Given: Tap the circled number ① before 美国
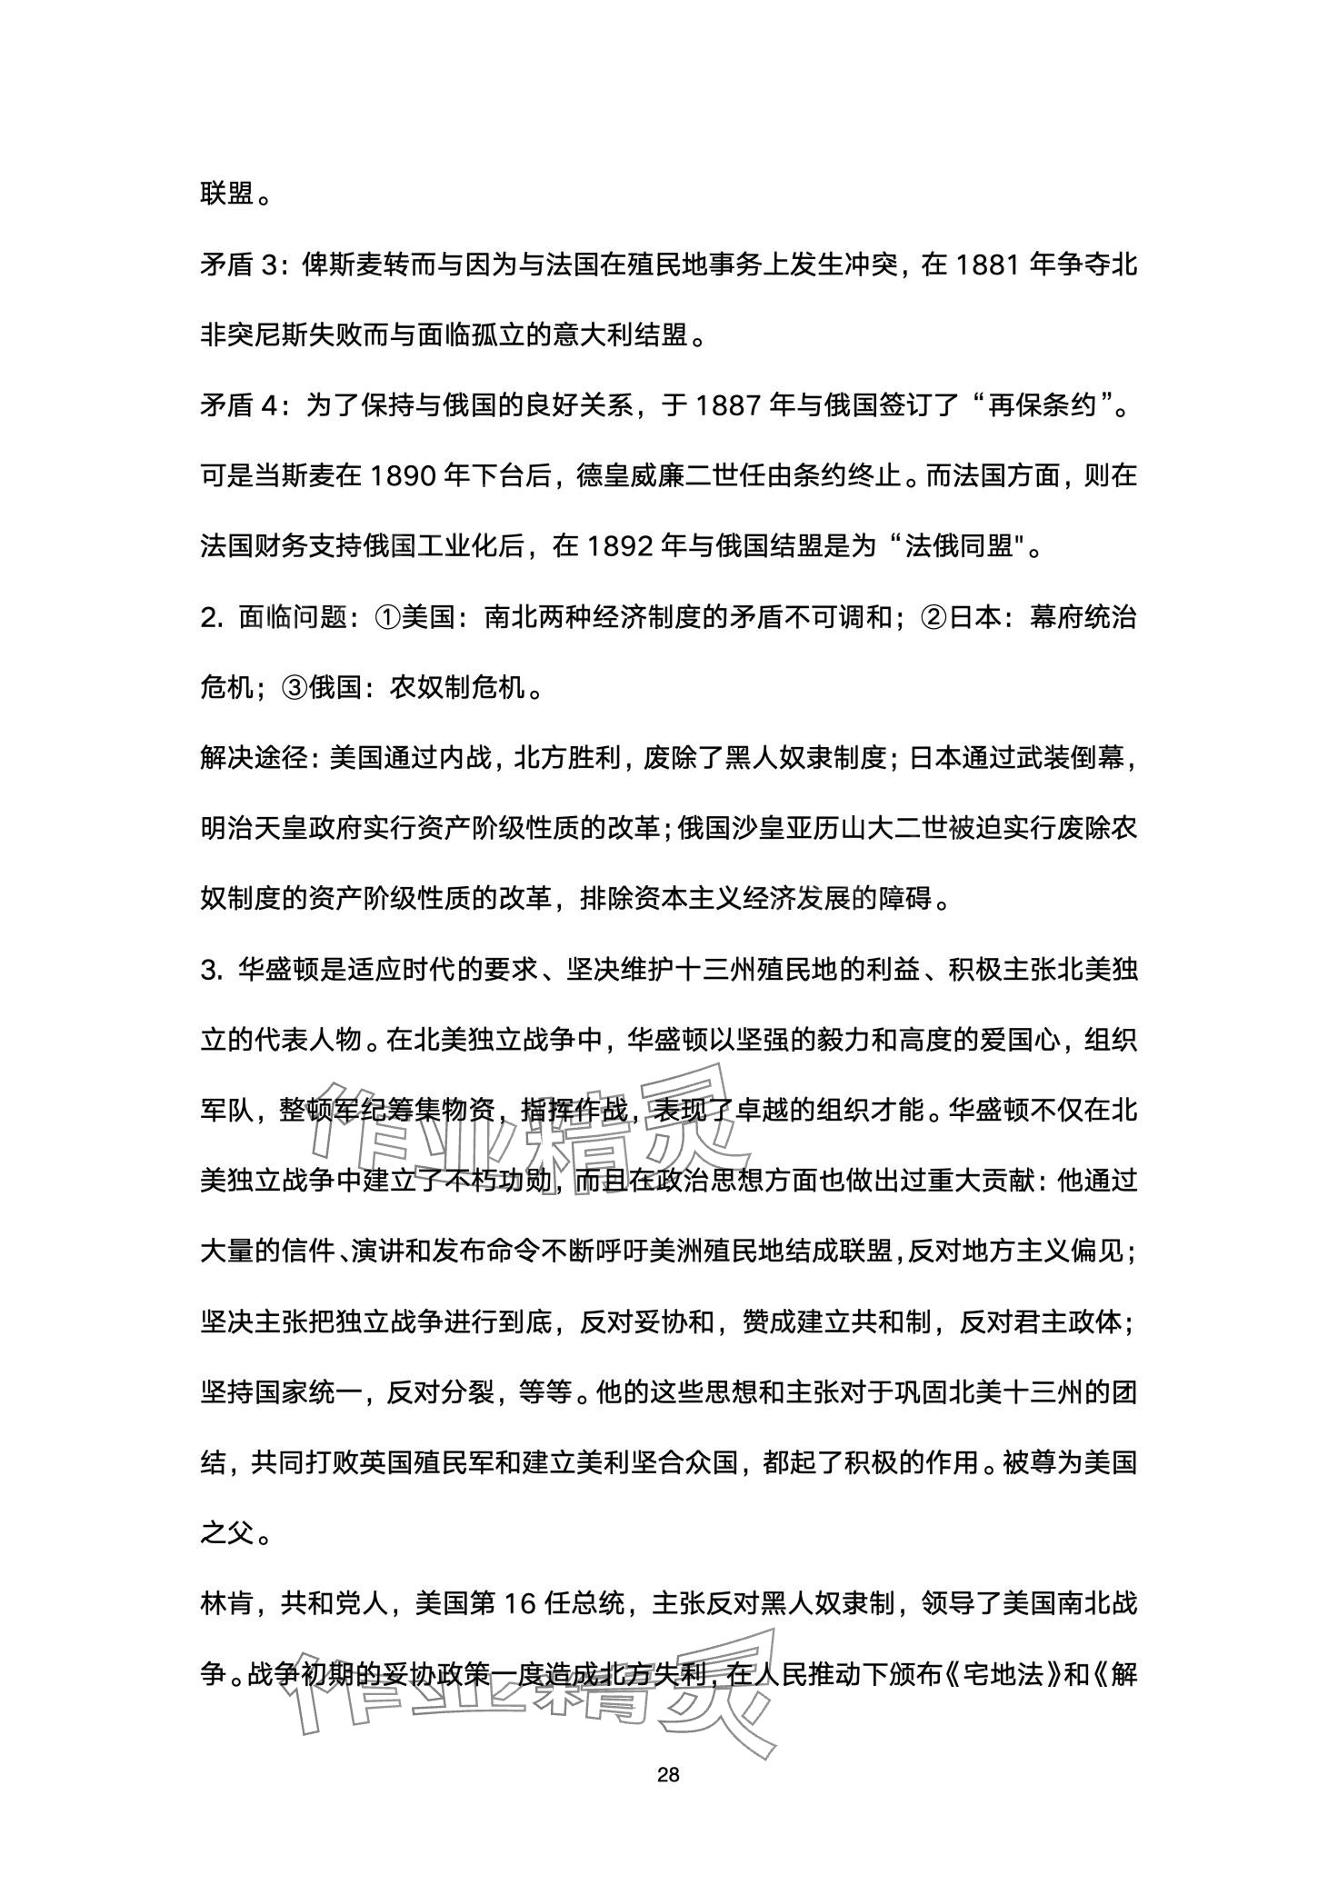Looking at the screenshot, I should [x=388, y=617].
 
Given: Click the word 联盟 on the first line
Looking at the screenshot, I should [x=226, y=194].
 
